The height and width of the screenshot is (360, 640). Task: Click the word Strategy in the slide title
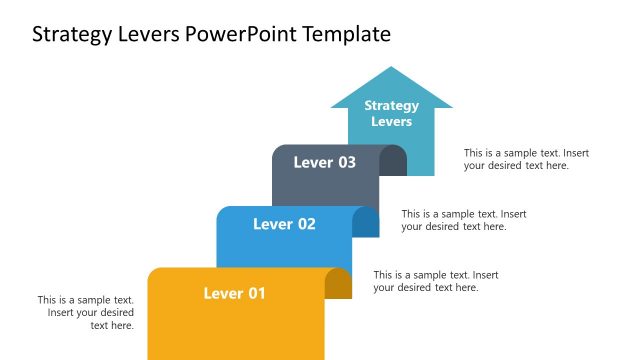[x=68, y=35]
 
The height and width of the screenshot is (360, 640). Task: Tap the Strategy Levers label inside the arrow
[x=391, y=113]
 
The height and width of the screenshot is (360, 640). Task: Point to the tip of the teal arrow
[x=392, y=68]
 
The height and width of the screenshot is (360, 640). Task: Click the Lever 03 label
[x=324, y=162]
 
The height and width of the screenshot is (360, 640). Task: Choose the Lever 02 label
[x=284, y=224]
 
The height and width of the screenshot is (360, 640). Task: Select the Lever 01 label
[x=235, y=293]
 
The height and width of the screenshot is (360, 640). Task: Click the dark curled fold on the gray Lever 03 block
[x=395, y=161]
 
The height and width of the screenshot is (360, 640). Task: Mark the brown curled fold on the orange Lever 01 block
[x=339, y=284]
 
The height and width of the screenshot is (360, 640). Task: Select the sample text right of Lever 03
[x=464, y=220]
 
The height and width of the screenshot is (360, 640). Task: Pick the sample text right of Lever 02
[x=436, y=281]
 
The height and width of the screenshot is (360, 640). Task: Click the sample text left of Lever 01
[x=86, y=312]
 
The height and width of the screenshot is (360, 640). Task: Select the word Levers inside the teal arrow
[x=391, y=121]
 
